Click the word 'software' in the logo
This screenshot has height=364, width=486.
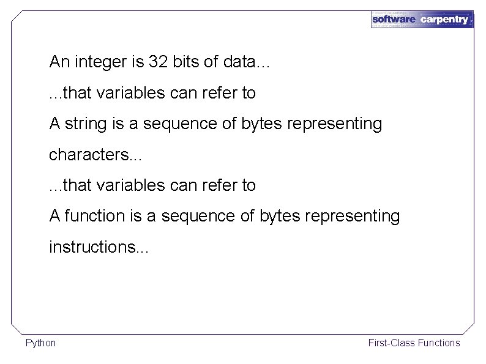coord(394,20)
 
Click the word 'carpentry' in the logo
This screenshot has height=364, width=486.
coord(445,20)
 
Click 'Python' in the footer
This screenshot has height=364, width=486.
coord(40,343)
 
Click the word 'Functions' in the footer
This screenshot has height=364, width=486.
coord(439,343)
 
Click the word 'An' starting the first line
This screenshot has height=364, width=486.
coord(59,62)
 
